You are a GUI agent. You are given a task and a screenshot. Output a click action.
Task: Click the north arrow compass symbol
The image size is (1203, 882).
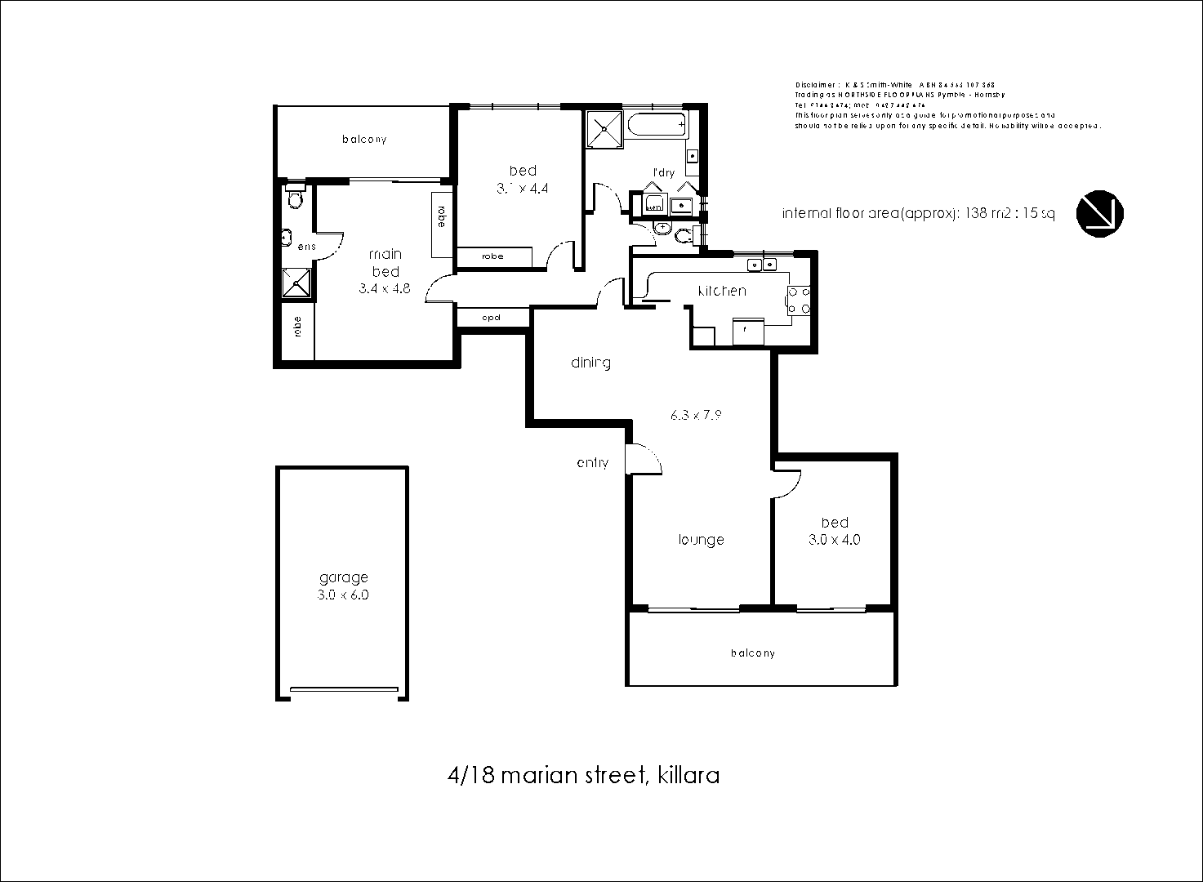coord(1099,213)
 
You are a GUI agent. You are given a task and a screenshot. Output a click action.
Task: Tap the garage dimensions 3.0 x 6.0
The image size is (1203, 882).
coord(343,595)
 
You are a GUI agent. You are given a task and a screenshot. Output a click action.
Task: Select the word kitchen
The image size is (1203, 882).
coord(721,291)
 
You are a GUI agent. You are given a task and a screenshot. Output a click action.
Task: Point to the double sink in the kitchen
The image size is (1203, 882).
coord(761,264)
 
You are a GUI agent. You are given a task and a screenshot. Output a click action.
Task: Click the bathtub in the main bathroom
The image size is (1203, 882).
coord(657,127)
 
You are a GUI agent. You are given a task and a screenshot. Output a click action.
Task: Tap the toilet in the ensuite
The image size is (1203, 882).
coord(295,198)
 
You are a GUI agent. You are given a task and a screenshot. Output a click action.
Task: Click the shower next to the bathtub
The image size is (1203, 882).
coord(605,127)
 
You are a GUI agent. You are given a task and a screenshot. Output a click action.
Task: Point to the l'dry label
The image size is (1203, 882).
coord(662,172)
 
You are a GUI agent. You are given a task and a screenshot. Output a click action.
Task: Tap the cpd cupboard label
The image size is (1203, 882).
coord(491,318)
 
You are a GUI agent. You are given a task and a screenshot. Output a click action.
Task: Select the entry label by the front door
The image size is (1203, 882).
coord(592,463)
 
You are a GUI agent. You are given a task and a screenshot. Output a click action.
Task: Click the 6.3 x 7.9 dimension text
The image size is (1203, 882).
coord(695,415)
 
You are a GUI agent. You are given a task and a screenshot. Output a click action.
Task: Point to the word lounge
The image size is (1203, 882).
coord(701,540)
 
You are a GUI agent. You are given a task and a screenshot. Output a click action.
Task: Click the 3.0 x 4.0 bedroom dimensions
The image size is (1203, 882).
coord(834,540)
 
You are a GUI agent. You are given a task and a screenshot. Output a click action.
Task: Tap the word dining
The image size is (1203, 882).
coord(590,363)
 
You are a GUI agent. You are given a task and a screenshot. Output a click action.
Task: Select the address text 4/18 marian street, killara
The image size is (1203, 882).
coord(583,775)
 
